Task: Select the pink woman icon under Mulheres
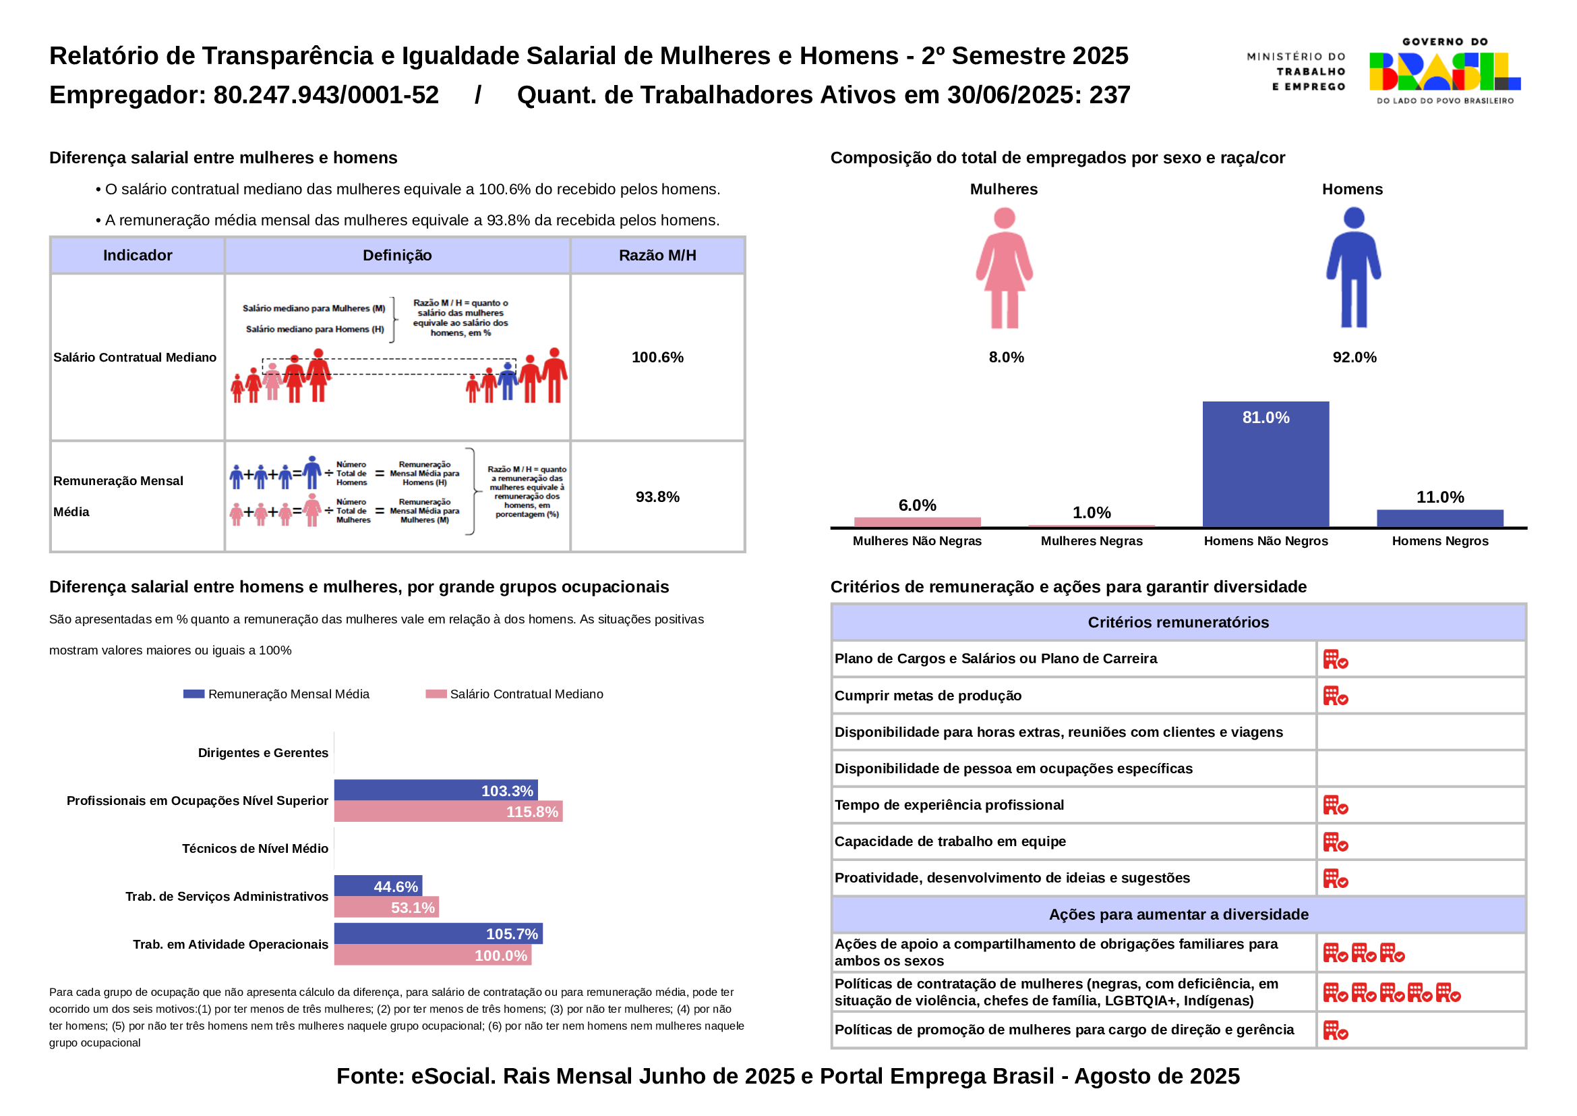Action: coord(1004,268)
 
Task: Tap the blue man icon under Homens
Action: coord(1353,268)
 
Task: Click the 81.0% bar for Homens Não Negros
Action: coord(1265,464)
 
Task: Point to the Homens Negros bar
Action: coord(1439,518)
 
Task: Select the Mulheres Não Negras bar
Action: coord(917,522)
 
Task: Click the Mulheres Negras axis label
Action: coord(1092,541)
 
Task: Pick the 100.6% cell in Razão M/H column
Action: coord(657,358)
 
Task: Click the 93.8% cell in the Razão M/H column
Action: coord(657,497)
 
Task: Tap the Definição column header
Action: coord(397,256)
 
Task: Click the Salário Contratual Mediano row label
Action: coord(136,358)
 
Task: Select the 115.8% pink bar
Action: coord(448,812)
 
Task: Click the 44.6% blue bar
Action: coord(378,887)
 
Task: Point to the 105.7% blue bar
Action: coord(438,934)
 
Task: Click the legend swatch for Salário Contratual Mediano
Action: coord(436,694)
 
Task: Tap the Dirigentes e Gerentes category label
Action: coord(262,752)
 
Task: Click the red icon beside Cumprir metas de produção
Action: coord(1335,696)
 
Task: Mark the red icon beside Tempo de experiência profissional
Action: coord(1335,806)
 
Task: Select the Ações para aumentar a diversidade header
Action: coord(1178,915)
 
